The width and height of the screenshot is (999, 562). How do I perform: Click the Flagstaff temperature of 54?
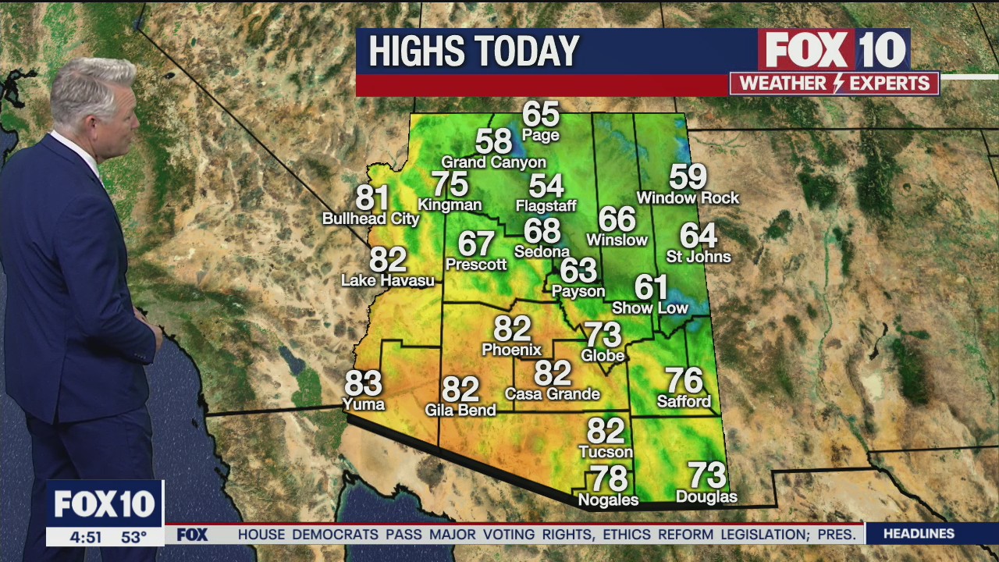(x=546, y=186)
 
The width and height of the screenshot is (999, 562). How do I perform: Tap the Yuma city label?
(x=364, y=404)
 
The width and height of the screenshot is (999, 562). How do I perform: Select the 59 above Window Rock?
(x=688, y=177)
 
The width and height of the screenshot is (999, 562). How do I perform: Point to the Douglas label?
(x=706, y=496)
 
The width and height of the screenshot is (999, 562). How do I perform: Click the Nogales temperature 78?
(x=608, y=478)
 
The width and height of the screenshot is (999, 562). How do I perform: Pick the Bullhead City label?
(x=371, y=219)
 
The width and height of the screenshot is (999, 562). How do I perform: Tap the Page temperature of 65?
(x=541, y=114)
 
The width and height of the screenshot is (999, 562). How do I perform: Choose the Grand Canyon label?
(x=493, y=162)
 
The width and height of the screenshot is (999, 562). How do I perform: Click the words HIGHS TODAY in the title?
(x=474, y=52)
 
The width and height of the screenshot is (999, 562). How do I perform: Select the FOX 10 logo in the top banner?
(x=834, y=50)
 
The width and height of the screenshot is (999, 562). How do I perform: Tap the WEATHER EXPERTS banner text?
(x=834, y=84)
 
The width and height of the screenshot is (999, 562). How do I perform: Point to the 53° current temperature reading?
(x=133, y=537)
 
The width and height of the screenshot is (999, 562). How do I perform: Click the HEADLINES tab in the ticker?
(x=919, y=534)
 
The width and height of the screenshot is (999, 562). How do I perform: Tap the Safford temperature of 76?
(x=684, y=381)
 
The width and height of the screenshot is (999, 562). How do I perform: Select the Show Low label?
(x=650, y=308)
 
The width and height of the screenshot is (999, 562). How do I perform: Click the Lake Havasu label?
(x=388, y=280)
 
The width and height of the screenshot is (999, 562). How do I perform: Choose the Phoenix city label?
(x=512, y=350)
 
